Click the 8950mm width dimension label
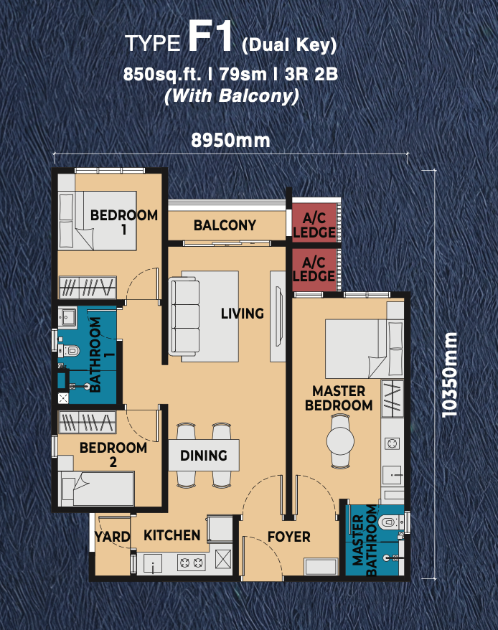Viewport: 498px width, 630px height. click(230, 140)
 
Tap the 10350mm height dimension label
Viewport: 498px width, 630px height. click(449, 375)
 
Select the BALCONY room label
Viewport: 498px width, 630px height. click(225, 225)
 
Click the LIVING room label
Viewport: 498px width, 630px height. click(243, 314)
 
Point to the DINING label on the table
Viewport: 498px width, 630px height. click(204, 455)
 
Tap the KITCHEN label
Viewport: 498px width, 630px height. click(172, 535)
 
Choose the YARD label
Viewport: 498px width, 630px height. click(112, 537)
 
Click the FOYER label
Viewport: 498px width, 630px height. click(289, 537)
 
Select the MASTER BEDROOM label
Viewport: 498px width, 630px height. click(339, 398)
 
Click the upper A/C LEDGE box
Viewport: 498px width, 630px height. click(314, 222)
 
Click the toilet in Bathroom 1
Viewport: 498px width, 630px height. click(70, 351)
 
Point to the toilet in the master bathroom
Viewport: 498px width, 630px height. click(389, 522)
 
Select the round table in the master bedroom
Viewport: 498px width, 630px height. click(340, 441)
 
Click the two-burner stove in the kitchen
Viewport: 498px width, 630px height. click(192, 563)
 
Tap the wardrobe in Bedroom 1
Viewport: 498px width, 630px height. click(88, 287)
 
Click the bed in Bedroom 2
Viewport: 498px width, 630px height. click(96, 489)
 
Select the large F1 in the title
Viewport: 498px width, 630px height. click(211, 37)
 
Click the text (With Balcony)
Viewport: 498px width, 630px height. click(232, 96)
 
